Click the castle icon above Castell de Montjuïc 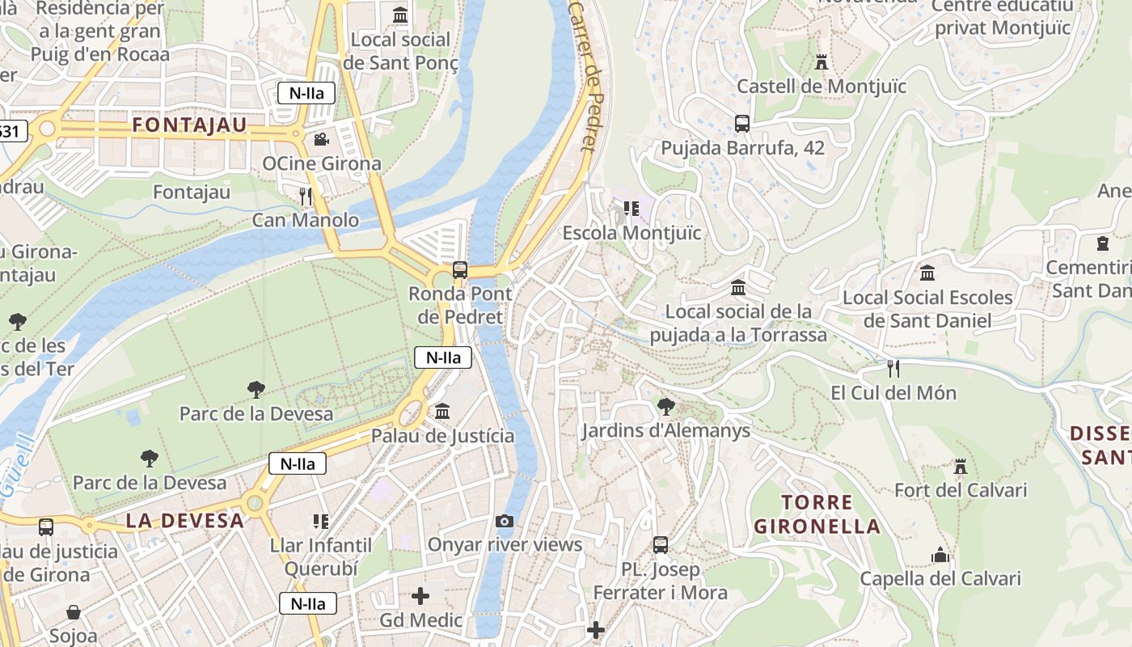[x=822, y=62]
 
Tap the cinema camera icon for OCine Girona [x=321, y=139]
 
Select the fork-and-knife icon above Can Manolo [x=306, y=196]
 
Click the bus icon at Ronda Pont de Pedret [x=460, y=270]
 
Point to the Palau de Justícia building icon [x=442, y=412]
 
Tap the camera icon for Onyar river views [x=505, y=521]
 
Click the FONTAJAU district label [x=188, y=125]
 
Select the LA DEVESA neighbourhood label [x=184, y=521]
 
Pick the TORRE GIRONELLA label [x=817, y=514]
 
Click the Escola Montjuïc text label [x=631, y=233]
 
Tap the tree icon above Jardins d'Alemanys [x=665, y=406]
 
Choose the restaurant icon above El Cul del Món [x=893, y=369]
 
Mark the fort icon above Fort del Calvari [x=961, y=466]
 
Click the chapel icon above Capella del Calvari [x=940, y=555]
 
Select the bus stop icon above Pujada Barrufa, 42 [x=742, y=124]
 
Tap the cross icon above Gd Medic [x=420, y=597]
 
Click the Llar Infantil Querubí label [x=321, y=556]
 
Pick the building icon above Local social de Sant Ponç [x=400, y=15]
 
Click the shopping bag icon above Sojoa [x=74, y=612]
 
